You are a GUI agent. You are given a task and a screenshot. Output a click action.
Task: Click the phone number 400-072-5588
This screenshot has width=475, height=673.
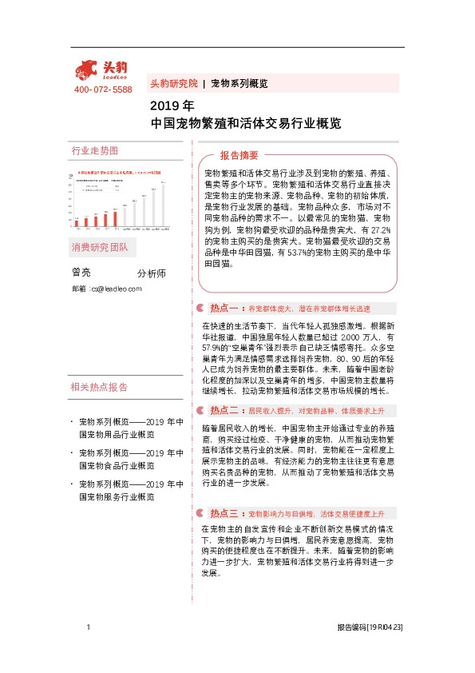[x=103, y=90]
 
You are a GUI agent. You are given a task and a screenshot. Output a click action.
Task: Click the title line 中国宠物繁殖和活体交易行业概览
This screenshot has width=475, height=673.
[x=246, y=124]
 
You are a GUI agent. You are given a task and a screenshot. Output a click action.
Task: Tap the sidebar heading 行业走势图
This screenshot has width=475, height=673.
[x=94, y=150]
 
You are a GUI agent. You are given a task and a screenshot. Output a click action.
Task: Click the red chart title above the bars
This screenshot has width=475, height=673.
[x=120, y=171]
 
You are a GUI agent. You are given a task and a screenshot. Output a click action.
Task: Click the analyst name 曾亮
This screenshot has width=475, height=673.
[x=81, y=273]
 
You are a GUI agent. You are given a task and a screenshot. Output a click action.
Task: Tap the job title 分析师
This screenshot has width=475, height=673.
[x=151, y=273]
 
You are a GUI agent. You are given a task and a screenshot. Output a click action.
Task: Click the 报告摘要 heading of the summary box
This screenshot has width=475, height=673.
[x=239, y=155]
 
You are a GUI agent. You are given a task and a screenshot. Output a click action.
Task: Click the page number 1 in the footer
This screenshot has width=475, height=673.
[x=87, y=628]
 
